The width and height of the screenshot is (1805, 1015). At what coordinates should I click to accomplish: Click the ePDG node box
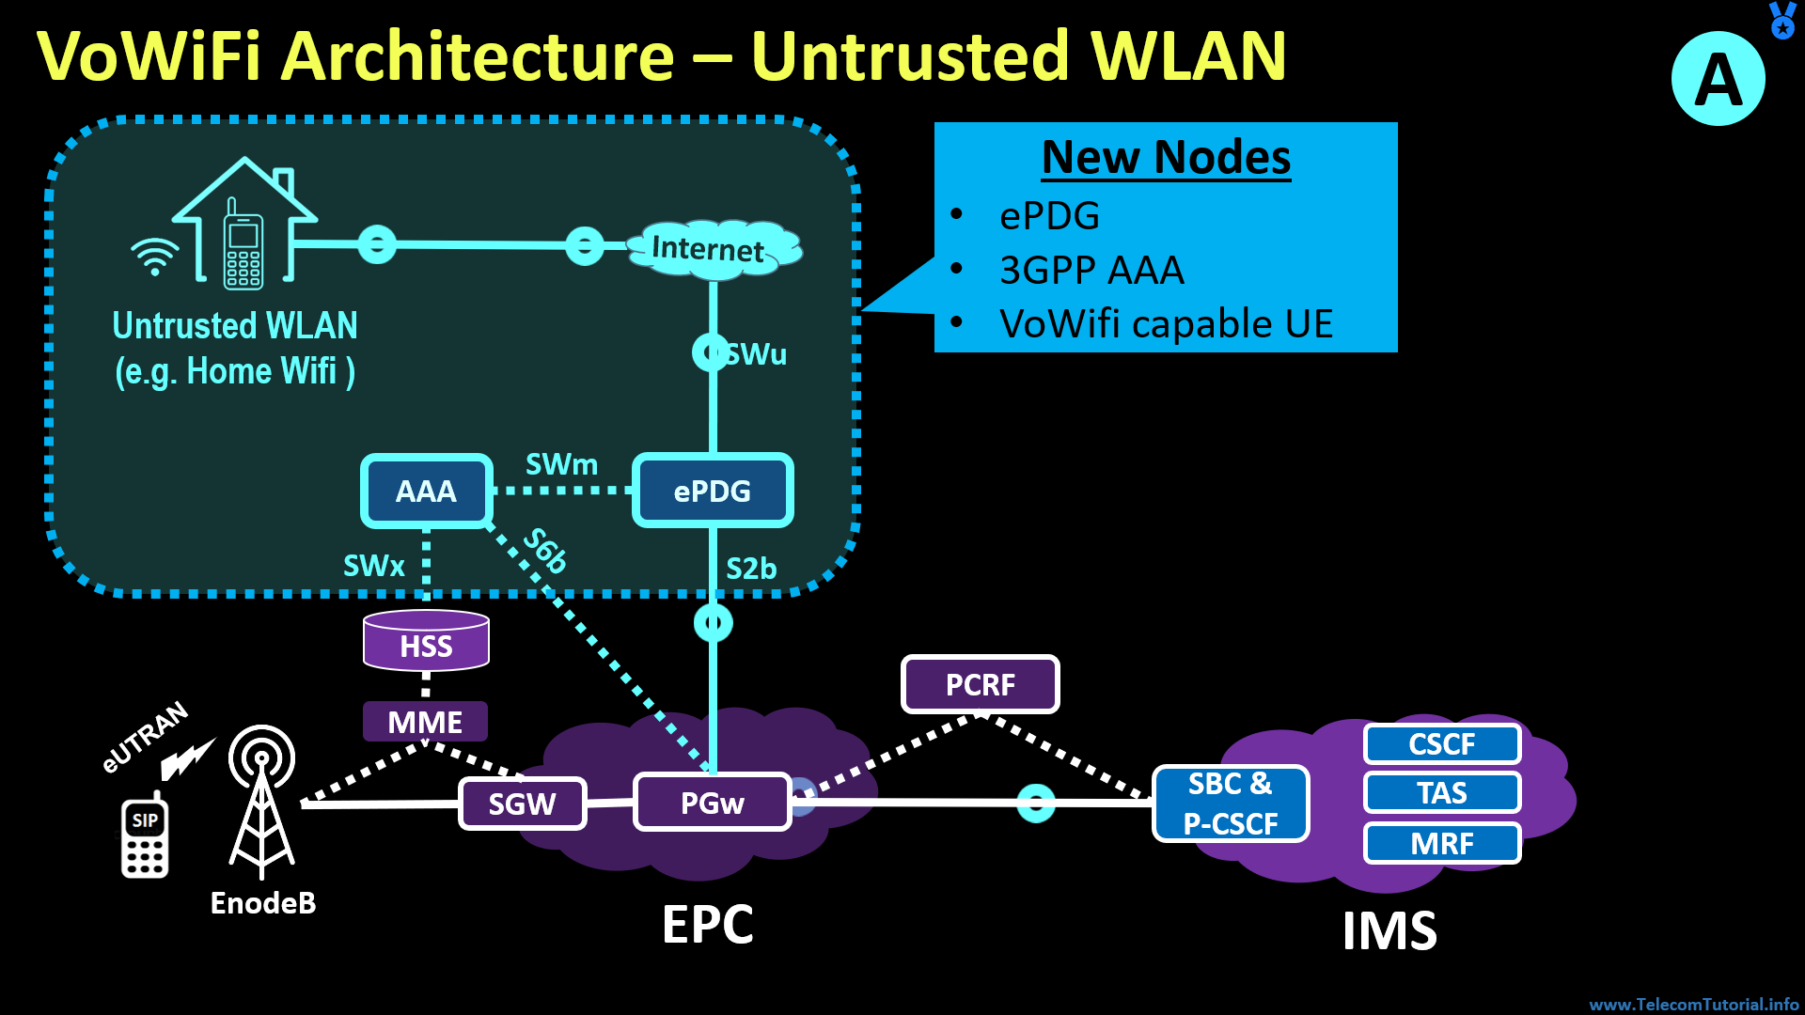pyautogui.click(x=713, y=491)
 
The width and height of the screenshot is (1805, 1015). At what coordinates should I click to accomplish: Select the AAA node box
pyautogui.click(x=426, y=491)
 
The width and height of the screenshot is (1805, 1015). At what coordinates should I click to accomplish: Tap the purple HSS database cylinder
pyautogui.click(x=426, y=642)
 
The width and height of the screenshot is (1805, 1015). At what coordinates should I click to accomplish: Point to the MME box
pyautogui.click(x=425, y=722)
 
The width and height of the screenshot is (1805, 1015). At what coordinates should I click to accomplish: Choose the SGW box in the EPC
pyautogui.click(x=522, y=804)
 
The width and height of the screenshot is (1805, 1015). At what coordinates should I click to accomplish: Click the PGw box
pyautogui.click(x=712, y=803)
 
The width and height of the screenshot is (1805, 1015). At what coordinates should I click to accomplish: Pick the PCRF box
pyautogui.click(x=980, y=684)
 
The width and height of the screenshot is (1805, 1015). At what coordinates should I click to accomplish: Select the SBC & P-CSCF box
pyautogui.click(x=1231, y=804)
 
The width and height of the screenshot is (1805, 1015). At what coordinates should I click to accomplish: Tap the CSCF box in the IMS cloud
pyautogui.click(x=1442, y=744)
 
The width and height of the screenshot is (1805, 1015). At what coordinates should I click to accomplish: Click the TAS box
pyautogui.click(x=1442, y=793)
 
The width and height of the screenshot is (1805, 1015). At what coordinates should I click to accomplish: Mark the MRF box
pyautogui.click(x=1442, y=843)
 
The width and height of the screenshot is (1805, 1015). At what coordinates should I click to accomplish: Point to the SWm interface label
pyautogui.click(x=561, y=464)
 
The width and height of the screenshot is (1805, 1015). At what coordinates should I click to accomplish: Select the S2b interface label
pyautogui.click(x=751, y=569)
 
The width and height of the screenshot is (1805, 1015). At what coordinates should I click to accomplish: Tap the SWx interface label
pyautogui.click(x=373, y=566)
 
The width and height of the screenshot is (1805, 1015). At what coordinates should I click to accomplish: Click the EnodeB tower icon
pyautogui.click(x=262, y=799)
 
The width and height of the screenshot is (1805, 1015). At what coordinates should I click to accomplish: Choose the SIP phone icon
pyautogui.click(x=145, y=836)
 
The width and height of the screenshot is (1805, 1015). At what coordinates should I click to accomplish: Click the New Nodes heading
pyautogui.click(x=1166, y=157)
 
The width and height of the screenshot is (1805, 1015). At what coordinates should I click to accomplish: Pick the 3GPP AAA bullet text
pyautogui.click(x=1091, y=271)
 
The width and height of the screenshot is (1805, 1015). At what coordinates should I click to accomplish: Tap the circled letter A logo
pyautogui.click(x=1718, y=79)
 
